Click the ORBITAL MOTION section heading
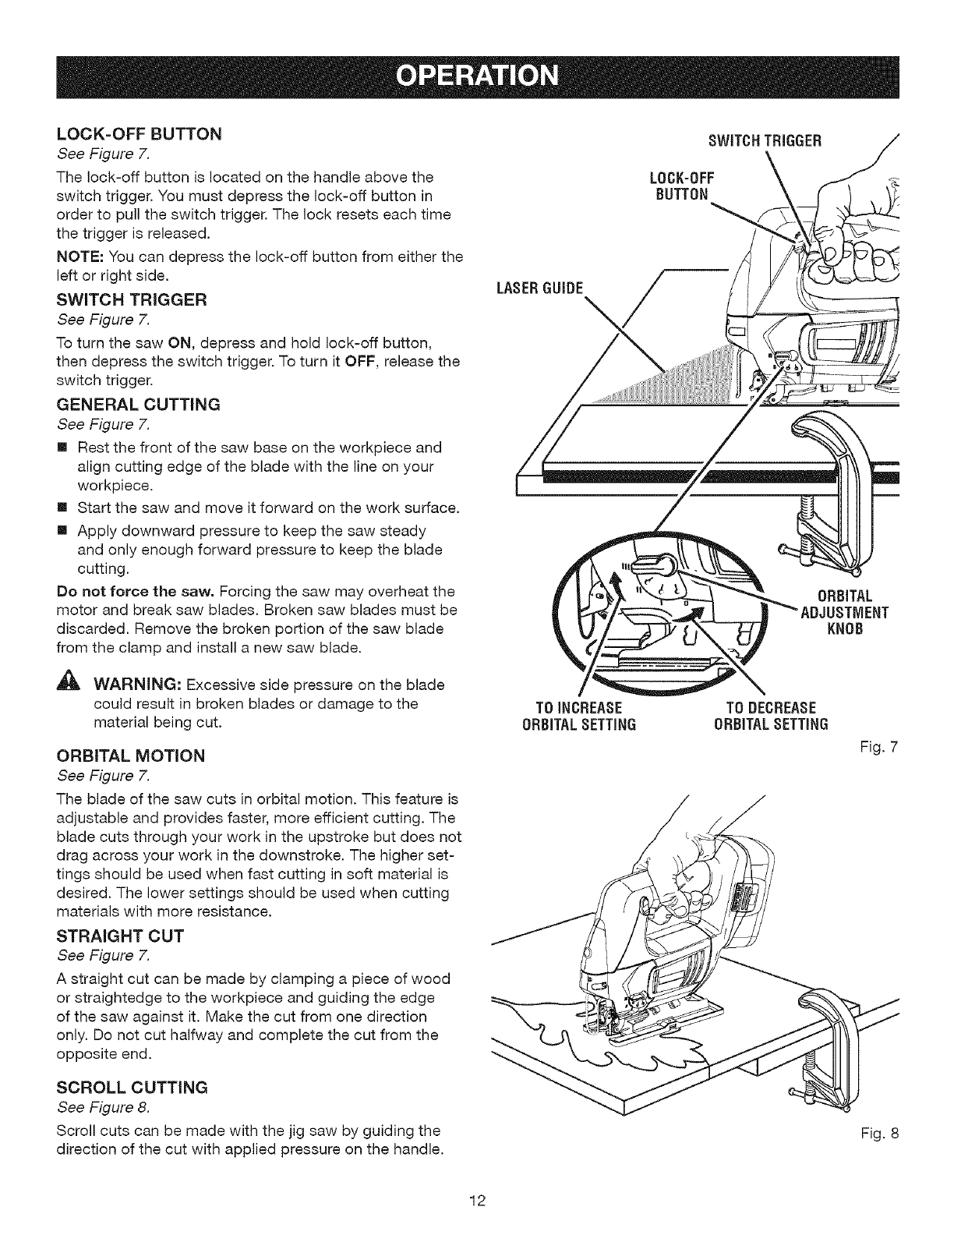tap(131, 756)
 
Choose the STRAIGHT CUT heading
tap(118, 936)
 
